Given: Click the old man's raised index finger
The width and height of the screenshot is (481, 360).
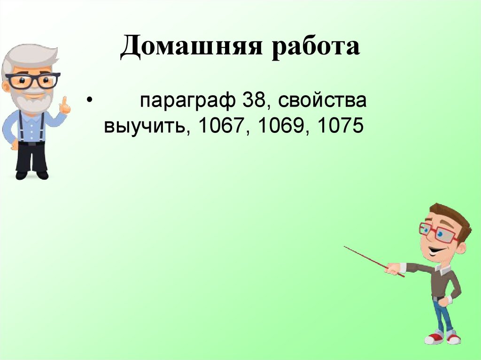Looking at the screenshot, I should [x=63, y=101].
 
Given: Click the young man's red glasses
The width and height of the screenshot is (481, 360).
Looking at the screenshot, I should [x=439, y=232].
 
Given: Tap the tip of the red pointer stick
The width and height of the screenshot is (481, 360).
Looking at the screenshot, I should [x=345, y=247].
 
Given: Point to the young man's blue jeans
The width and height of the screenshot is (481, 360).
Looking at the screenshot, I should [x=442, y=314].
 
